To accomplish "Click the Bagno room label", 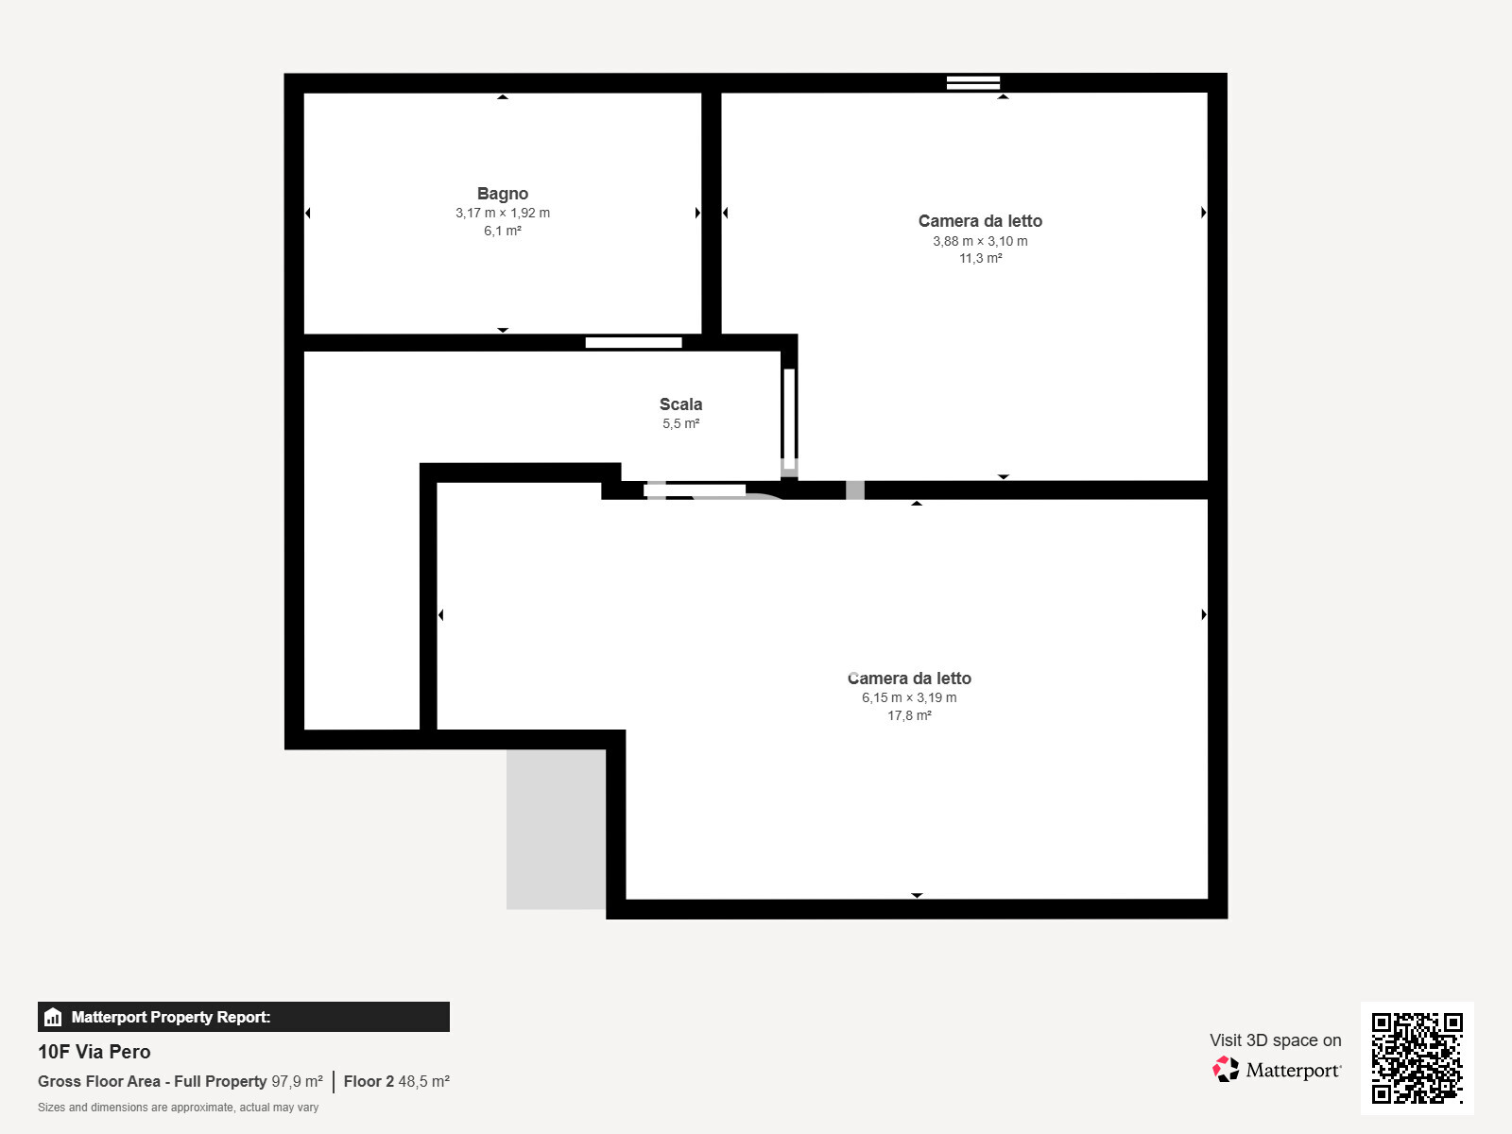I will pos(502,194).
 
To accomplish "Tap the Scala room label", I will pos(680,404).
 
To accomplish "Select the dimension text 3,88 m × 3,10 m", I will pos(980,241).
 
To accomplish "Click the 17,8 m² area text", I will pos(909,715).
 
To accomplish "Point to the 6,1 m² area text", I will pos(502,231).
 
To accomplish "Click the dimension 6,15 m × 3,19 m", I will pos(908,697).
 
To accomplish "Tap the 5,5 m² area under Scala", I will pos(680,423).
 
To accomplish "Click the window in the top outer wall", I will pos(972,82).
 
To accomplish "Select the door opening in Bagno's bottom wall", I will pos(633,342).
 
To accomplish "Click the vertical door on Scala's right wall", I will pos(789,418).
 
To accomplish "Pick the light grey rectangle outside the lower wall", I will pos(556,829).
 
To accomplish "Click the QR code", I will pos(1417,1057).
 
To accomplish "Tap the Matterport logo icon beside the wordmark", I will pos(1226,1069).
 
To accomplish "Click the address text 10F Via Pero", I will pos(94,1052).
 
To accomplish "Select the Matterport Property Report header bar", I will pos(243,1017).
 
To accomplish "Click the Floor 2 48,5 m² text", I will pos(396,1081).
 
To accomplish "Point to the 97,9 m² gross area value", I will pos(297,1081).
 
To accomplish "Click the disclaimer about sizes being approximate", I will pos(178,1107).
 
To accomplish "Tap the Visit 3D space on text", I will pos(1275,1039).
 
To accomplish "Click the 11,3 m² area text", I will pos(980,258).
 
